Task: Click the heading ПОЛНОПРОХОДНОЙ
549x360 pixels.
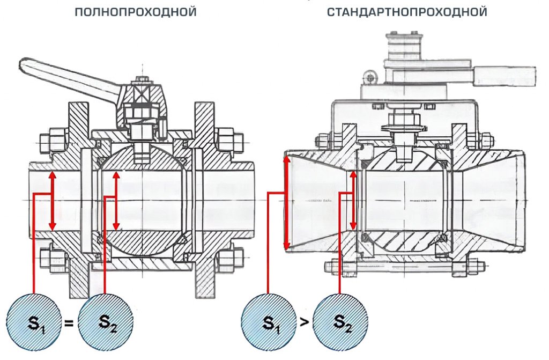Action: tap(136, 11)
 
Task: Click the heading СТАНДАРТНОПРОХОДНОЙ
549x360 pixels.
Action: tap(407, 11)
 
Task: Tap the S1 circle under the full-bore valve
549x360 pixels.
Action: tap(34, 323)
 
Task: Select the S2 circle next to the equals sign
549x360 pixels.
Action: tap(105, 323)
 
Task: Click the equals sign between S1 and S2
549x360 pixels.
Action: tap(69, 324)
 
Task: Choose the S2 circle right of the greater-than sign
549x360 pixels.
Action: tap(340, 323)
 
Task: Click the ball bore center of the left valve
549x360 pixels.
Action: tap(142, 200)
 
